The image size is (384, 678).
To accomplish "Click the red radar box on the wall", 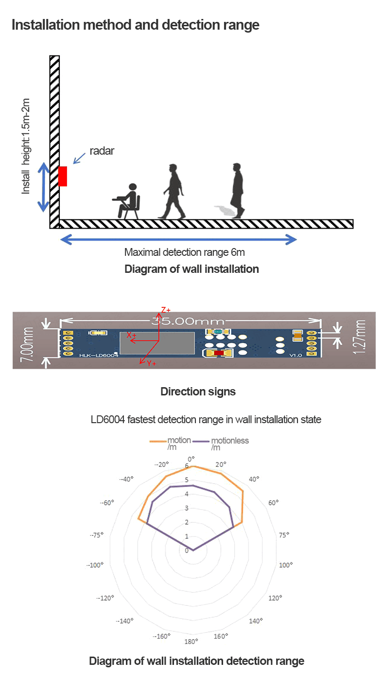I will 63,176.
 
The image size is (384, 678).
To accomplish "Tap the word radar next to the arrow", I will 102,151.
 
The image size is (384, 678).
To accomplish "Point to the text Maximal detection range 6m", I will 184,252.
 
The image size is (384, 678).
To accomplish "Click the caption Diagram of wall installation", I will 192,269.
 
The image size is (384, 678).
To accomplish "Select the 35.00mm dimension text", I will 188,321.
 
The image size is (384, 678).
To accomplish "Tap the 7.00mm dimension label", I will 28,343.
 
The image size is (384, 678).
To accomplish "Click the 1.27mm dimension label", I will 361,337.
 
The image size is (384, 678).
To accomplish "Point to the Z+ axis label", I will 166,310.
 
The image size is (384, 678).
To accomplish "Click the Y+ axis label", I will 151,363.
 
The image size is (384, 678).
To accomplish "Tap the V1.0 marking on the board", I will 296,356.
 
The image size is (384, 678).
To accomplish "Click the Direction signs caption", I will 198,392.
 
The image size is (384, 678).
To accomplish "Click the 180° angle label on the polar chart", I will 191,641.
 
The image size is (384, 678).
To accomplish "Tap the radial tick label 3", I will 187,508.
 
